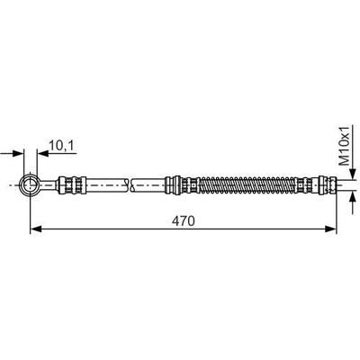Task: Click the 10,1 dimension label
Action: tap(61, 146)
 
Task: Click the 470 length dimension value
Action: tap(183, 221)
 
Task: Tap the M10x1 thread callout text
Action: tap(344, 147)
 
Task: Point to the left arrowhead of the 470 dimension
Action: tap(36, 229)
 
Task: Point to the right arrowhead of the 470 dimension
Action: tap(331, 229)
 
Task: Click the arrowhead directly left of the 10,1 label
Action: tap(42, 153)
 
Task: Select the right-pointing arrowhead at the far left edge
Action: tap(18, 153)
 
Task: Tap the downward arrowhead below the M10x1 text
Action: tap(353, 175)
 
